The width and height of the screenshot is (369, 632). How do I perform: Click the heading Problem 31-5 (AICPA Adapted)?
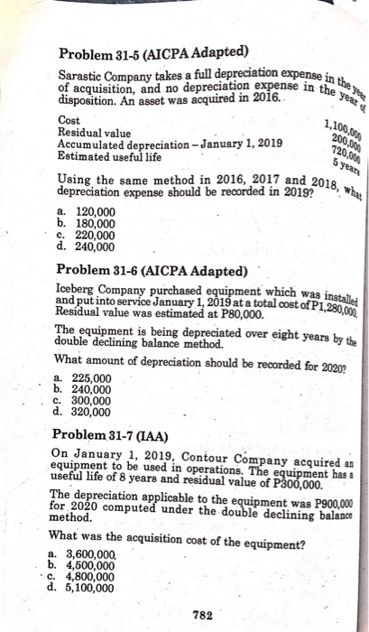(x=154, y=50)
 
